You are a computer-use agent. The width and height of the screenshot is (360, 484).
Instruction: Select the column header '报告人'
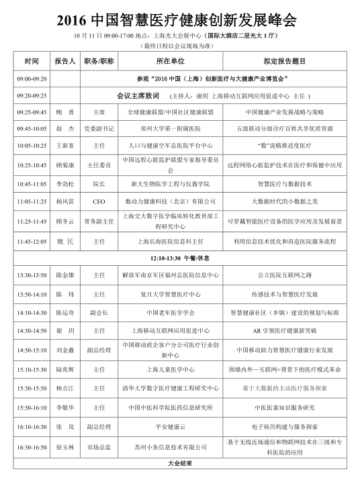(x=65, y=61)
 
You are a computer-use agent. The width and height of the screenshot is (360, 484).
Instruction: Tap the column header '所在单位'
(x=170, y=61)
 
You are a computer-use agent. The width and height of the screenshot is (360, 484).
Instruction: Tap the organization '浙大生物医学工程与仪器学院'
(x=170, y=183)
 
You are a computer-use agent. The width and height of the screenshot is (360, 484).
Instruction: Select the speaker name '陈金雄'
(x=65, y=275)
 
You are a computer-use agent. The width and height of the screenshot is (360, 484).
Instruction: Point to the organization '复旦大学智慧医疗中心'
(x=170, y=294)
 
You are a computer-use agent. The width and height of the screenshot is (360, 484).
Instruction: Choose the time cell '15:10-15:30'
(x=32, y=369)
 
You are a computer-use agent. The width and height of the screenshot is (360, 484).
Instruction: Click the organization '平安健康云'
(x=170, y=426)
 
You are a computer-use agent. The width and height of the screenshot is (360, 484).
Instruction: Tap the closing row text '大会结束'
(x=179, y=464)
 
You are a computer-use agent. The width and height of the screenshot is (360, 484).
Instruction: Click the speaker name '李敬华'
(x=65, y=407)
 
